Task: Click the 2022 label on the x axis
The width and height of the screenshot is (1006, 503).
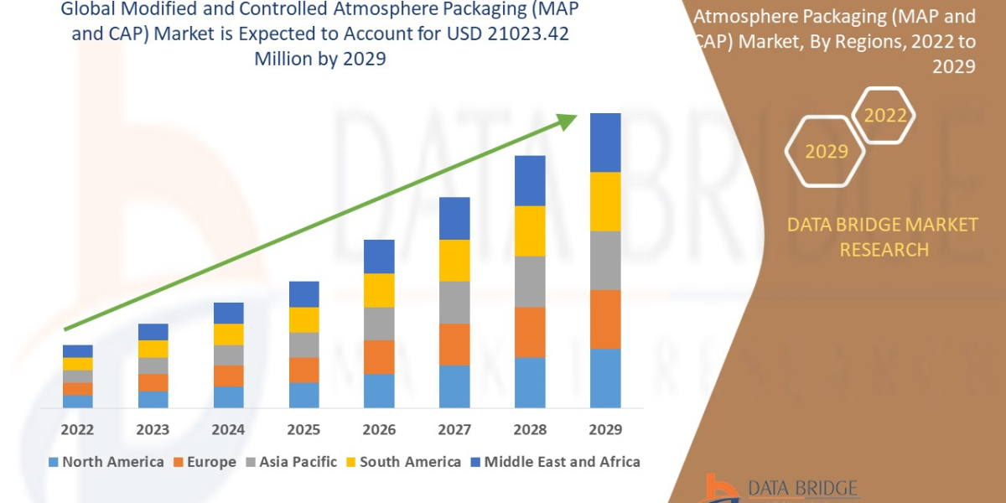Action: coord(77,430)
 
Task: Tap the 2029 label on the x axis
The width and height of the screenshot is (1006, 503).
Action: coord(605,430)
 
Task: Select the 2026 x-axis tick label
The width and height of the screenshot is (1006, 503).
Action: coord(379,430)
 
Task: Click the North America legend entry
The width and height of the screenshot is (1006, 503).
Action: coord(106,462)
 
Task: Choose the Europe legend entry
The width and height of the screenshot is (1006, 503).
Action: coord(205,462)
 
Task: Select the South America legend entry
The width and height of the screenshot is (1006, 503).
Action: coord(402,462)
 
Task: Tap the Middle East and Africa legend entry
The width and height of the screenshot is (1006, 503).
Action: coord(554,462)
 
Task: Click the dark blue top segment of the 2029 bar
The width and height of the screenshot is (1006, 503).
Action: coord(605,143)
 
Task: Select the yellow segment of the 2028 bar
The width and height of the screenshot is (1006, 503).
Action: coord(530,231)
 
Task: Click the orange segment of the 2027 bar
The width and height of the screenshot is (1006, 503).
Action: coord(454,344)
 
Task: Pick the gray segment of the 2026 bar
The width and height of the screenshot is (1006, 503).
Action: coord(379,323)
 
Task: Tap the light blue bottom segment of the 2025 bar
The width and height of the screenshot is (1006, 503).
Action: coord(303,395)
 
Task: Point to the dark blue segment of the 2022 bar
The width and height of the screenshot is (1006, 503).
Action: coord(77,350)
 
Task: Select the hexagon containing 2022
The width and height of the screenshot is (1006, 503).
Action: coord(886,116)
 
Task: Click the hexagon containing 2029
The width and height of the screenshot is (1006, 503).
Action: coord(826,152)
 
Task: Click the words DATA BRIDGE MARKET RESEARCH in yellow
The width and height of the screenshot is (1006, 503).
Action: coord(883,236)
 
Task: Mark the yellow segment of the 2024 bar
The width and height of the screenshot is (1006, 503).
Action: coord(228,334)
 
